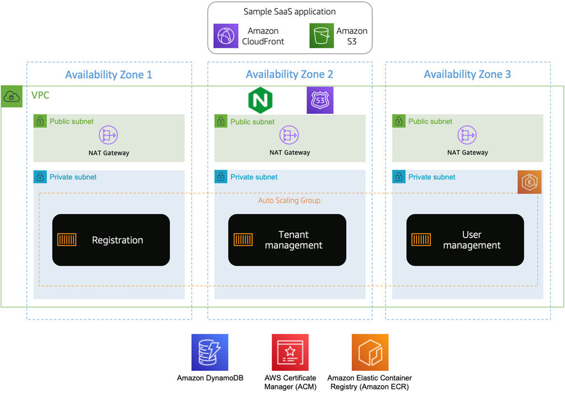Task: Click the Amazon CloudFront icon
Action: pos(226,36)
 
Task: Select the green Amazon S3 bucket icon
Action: pos(322,36)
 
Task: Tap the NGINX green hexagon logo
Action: pos(261,101)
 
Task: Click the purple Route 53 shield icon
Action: pos(320,100)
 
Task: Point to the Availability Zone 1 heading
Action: pos(109,75)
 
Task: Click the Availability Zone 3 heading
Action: pos(467,75)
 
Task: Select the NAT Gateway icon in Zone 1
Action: pos(109,135)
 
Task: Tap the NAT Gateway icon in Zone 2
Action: pos(289,135)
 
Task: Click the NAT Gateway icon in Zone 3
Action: pos(467,135)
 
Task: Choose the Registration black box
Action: pos(111,240)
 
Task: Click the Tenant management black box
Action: pos(287,240)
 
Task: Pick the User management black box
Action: pos(465,240)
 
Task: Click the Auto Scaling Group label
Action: pos(289,201)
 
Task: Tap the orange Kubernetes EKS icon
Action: pos(529,182)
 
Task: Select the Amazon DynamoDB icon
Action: pos(210,353)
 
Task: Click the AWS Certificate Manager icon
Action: pos(290,353)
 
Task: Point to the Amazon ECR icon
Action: pos(370,353)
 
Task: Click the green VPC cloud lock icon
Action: pos(11,97)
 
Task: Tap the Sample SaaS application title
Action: pos(289,11)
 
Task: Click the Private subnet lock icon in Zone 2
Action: pos(221,177)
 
